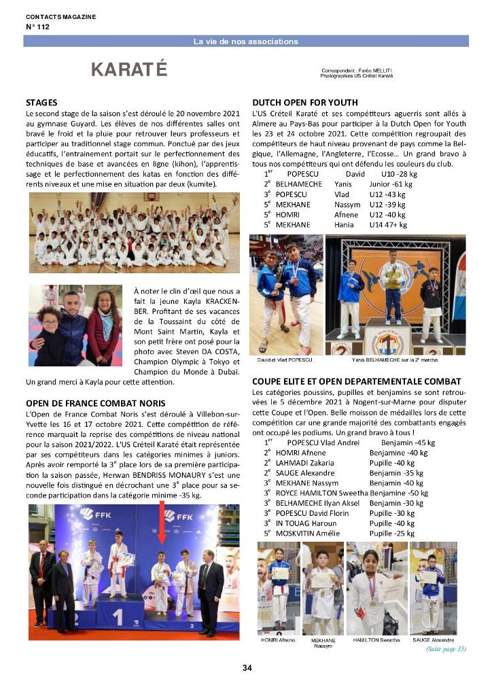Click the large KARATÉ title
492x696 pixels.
[x=129, y=69]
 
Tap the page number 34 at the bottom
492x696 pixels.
[x=247, y=668]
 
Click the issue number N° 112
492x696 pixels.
[x=37, y=27]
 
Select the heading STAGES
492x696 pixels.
[x=41, y=102]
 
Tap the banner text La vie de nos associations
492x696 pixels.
[x=245, y=41]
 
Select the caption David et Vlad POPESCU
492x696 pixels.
[x=285, y=359]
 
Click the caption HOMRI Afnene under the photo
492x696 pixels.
[x=278, y=640]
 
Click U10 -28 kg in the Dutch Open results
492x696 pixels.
[x=400, y=173]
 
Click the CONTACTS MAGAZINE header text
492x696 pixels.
[x=60, y=16]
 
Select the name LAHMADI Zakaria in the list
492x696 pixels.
[x=305, y=462]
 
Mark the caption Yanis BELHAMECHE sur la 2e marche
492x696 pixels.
[x=396, y=359]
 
